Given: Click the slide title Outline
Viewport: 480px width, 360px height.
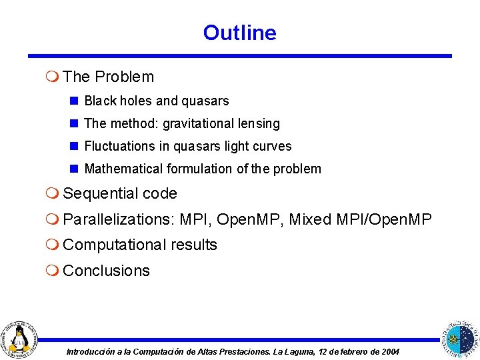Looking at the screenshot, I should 239,33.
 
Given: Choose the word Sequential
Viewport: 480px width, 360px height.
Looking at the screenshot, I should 100,194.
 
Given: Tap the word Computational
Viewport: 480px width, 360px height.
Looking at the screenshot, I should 115,245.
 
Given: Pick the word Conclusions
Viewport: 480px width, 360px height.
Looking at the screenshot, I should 106,271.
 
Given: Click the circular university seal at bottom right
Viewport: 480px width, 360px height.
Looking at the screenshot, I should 460,338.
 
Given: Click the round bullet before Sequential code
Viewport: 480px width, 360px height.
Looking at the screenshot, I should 54,194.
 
